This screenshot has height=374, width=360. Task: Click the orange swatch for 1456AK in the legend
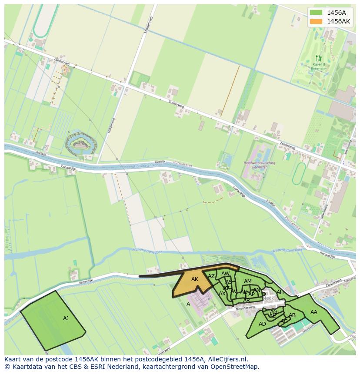click(x=317, y=21)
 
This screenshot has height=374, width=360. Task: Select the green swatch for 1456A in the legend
click(x=317, y=13)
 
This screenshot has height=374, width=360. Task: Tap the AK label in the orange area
click(x=195, y=279)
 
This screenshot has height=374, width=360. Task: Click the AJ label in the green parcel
click(x=66, y=318)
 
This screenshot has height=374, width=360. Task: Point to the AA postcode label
click(x=313, y=312)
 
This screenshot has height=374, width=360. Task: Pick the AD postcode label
click(x=262, y=324)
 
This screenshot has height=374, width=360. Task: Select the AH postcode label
click(x=280, y=292)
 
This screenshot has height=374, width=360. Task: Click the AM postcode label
click(x=247, y=281)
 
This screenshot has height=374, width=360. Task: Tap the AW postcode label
click(x=225, y=274)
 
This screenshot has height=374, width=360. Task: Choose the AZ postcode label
click(x=211, y=276)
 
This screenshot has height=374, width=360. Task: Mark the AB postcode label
click(x=292, y=315)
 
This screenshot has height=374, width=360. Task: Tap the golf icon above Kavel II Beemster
click(x=318, y=58)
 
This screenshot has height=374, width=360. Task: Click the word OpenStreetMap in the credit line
click(x=234, y=367)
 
